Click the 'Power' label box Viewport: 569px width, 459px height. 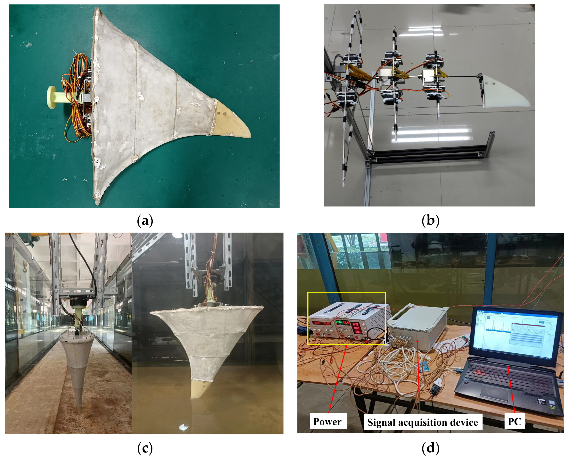328,421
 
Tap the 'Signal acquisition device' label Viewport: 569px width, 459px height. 423,422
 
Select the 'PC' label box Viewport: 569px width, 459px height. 514,421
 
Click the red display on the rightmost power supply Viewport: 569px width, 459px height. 356,328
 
